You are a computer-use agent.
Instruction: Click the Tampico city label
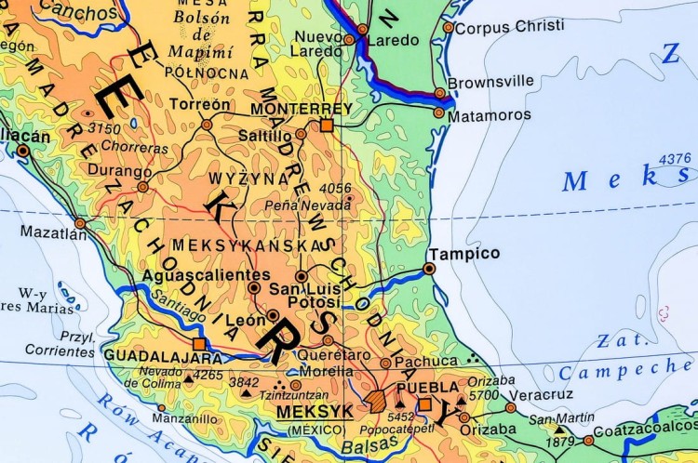click(x=463, y=253)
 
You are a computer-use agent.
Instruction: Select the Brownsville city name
click(x=490, y=82)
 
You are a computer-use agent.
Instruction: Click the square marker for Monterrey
click(x=326, y=125)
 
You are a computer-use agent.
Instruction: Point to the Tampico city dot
click(x=429, y=268)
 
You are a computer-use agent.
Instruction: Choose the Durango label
click(x=120, y=171)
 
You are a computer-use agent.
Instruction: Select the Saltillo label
click(x=265, y=136)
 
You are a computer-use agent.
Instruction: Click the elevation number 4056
click(x=336, y=189)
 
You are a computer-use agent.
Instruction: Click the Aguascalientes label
click(x=199, y=275)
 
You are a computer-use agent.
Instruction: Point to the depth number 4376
click(x=675, y=159)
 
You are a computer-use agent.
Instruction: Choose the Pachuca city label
click(x=426, y=361)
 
